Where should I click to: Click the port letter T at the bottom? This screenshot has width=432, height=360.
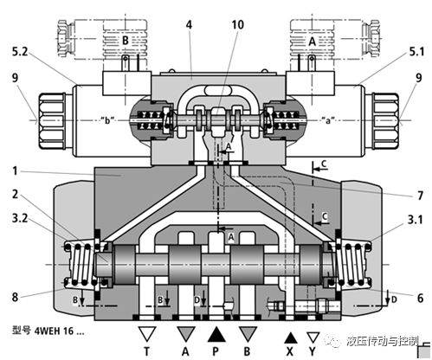click(x=149, y=352)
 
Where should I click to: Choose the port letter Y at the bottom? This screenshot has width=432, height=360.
click(x=313, y=352)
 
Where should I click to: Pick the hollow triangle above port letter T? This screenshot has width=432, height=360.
click(x=149, y=334)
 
